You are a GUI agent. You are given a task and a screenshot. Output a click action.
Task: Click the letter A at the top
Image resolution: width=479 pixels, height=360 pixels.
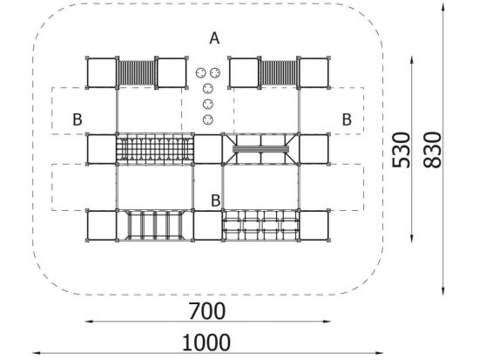pos(214,38)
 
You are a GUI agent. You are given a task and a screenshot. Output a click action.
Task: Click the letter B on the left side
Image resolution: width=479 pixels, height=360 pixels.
pos(78,119)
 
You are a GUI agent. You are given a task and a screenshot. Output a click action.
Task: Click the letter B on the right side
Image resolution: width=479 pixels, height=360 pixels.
pos(347,119)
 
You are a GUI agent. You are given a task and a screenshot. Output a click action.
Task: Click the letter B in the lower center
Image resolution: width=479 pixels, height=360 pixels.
pos(216,200)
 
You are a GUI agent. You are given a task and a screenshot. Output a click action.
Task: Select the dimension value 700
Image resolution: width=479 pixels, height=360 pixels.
pos(207,311)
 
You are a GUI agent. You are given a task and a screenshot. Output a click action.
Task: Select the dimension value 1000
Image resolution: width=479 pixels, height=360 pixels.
pos(206,343)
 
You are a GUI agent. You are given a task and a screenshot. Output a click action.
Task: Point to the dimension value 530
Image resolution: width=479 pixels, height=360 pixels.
pos(401,150)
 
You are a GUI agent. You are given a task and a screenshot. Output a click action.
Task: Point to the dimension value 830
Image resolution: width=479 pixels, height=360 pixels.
pos(433,150)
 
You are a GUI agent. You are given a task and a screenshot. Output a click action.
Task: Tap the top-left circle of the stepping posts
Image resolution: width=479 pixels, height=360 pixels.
pos(200,73)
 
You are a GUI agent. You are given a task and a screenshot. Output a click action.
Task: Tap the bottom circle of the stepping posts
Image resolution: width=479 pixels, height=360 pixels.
pos(208,119)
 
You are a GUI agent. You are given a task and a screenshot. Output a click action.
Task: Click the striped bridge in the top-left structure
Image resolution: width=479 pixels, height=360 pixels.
pos(137,73)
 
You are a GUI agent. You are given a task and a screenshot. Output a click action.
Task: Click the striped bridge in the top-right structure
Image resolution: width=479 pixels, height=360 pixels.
pos(280,73)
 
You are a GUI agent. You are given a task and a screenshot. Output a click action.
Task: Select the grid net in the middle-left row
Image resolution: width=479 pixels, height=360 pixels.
pos(155,149)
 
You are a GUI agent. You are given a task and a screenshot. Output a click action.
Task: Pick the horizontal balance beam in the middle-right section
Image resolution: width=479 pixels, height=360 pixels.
pos(260,149)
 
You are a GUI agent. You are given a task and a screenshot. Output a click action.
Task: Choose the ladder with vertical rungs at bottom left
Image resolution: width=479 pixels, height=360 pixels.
pos(155,225)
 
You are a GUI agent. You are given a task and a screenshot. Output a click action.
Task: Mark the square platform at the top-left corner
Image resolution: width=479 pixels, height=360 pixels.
pos(102,73)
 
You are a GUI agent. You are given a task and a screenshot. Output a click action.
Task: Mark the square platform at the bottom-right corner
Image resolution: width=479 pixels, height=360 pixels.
pos(314,225)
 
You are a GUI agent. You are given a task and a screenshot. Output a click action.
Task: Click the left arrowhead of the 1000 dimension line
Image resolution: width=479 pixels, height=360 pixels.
pos(36,353)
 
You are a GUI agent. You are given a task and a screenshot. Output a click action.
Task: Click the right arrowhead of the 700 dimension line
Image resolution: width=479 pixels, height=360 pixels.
pos(327,321)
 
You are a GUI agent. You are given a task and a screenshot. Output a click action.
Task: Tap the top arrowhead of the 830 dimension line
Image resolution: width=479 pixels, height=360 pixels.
pos(443,5)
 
